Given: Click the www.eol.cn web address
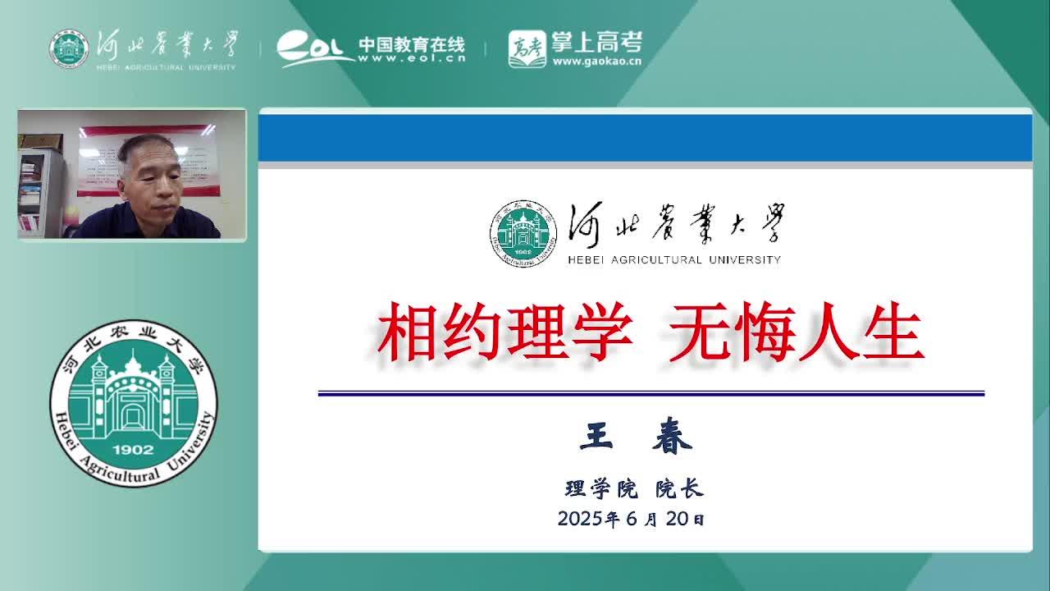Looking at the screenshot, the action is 412,58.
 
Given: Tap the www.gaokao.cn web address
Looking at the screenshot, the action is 596,62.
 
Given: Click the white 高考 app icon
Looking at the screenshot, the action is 527,49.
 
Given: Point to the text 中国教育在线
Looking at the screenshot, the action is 412,44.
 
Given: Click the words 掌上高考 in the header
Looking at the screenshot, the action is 596,43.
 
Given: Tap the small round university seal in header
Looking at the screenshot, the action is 69,49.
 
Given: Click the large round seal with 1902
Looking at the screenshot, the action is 134,403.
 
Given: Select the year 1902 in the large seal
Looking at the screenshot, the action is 133,450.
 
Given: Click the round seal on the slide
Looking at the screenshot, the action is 523,234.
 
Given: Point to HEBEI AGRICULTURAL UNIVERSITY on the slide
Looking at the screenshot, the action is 674,260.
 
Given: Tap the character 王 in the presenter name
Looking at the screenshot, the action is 596,436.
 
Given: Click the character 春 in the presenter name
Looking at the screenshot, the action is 672,436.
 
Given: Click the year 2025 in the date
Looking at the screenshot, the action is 580,519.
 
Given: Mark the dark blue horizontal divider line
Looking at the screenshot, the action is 651,393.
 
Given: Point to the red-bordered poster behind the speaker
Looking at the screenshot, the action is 148,160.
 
